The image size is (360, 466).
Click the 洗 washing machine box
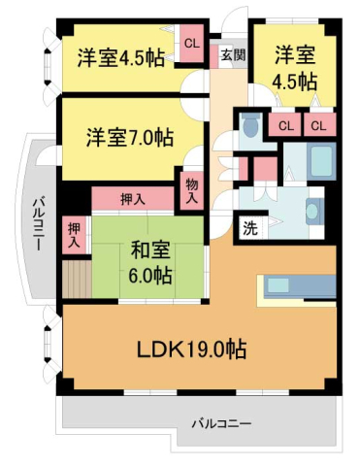click(250, 229)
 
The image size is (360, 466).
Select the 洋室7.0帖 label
click(128, 137)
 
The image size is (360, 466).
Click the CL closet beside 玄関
click(191, 43)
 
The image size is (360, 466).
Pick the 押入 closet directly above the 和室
click(133, 198)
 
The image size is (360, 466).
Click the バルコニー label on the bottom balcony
click(220, 424)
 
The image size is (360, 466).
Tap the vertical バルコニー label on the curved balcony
click(35, 224)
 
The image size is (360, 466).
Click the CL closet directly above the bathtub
click(318, 124)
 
